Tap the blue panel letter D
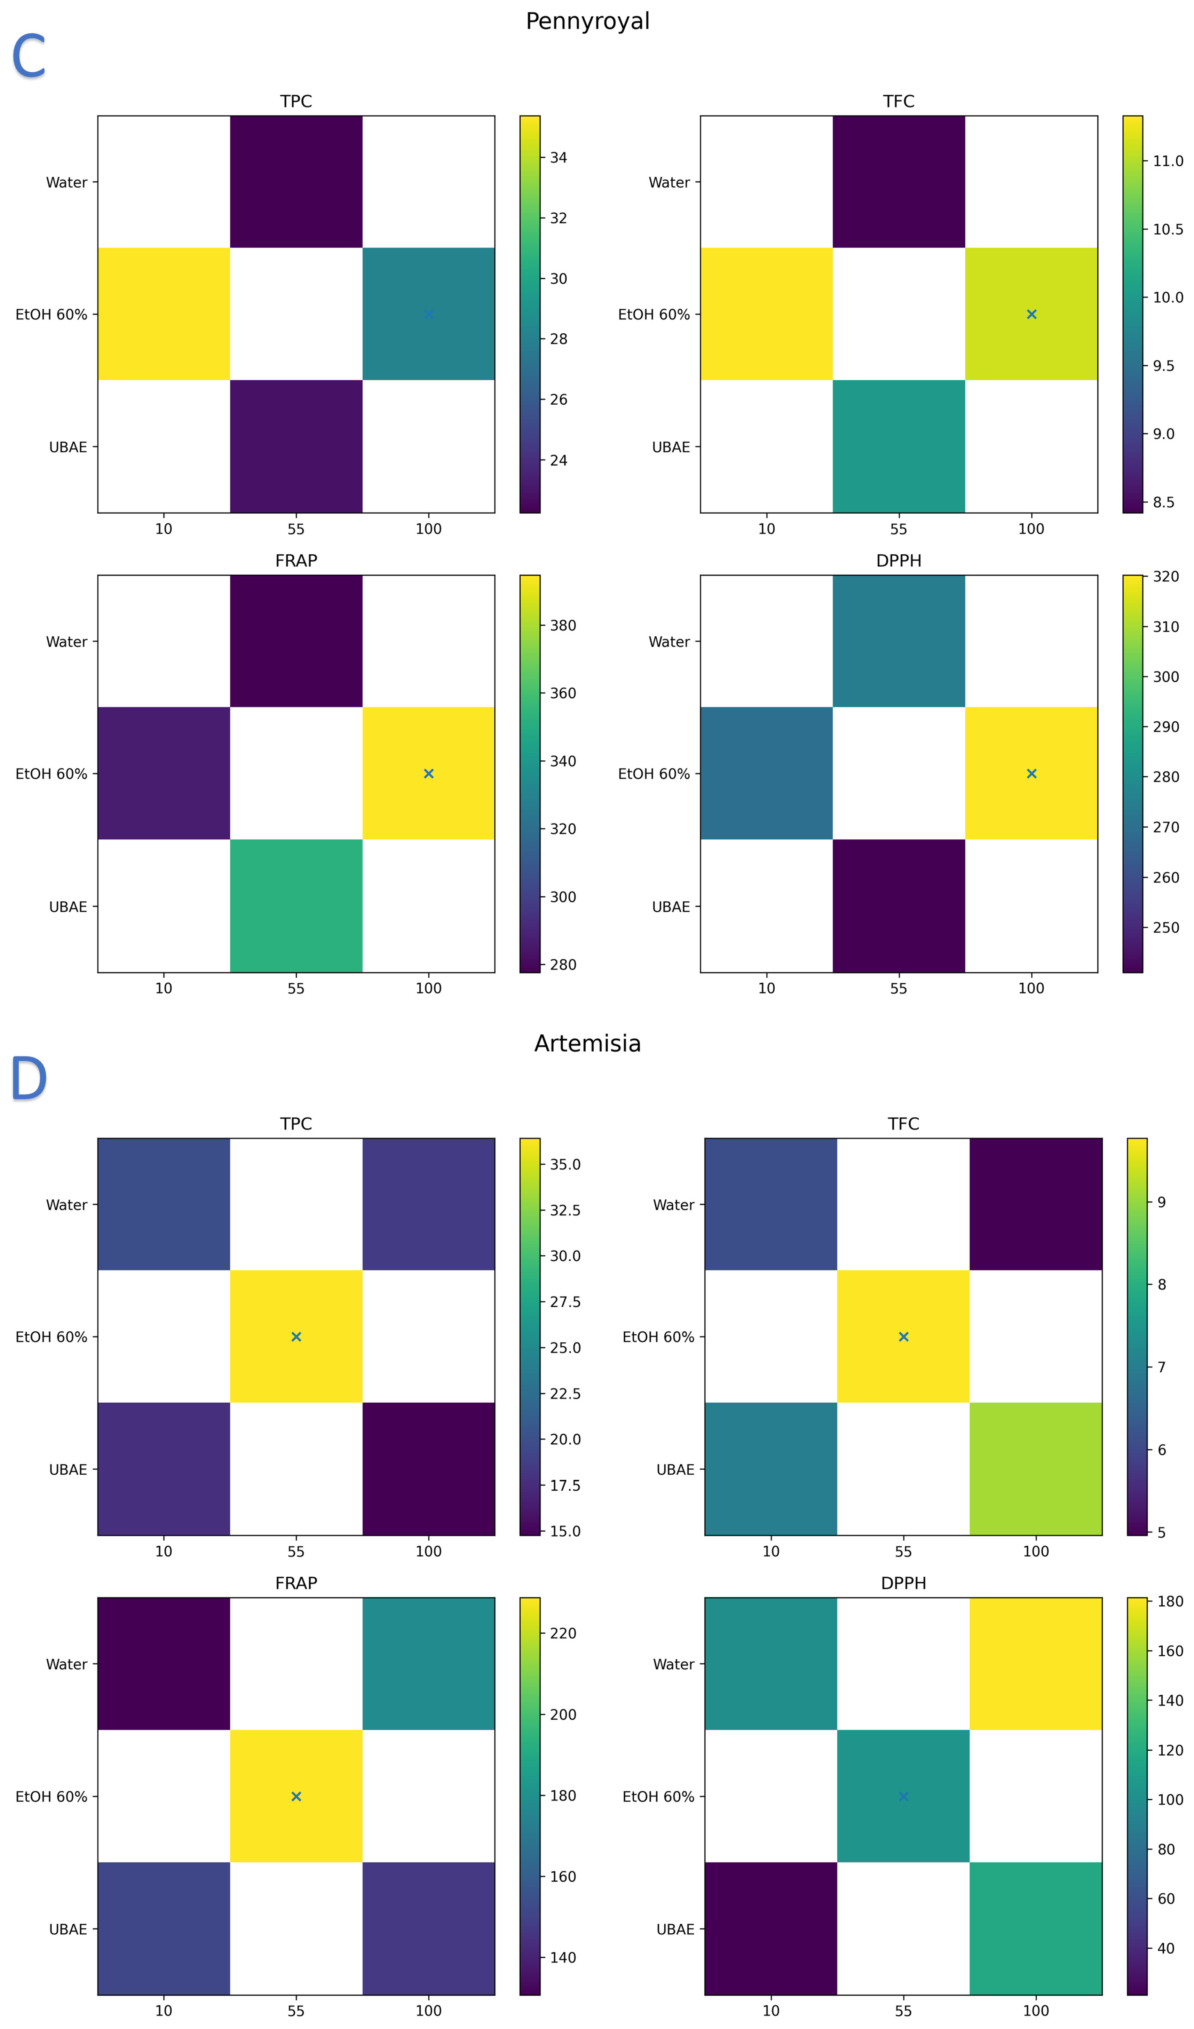[28, 1079]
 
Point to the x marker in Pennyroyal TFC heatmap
[1031, 314]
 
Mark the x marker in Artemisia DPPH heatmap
[903, 1796]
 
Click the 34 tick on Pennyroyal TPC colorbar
[558, 158]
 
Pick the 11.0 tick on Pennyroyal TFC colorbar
[1167, 161]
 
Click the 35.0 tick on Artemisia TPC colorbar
[564, 1164]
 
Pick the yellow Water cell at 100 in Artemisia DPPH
[1035, 1663]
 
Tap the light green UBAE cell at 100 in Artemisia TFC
[1035, 1469]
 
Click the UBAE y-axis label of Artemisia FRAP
[68, 1929]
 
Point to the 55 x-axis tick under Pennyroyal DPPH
[899, 988]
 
